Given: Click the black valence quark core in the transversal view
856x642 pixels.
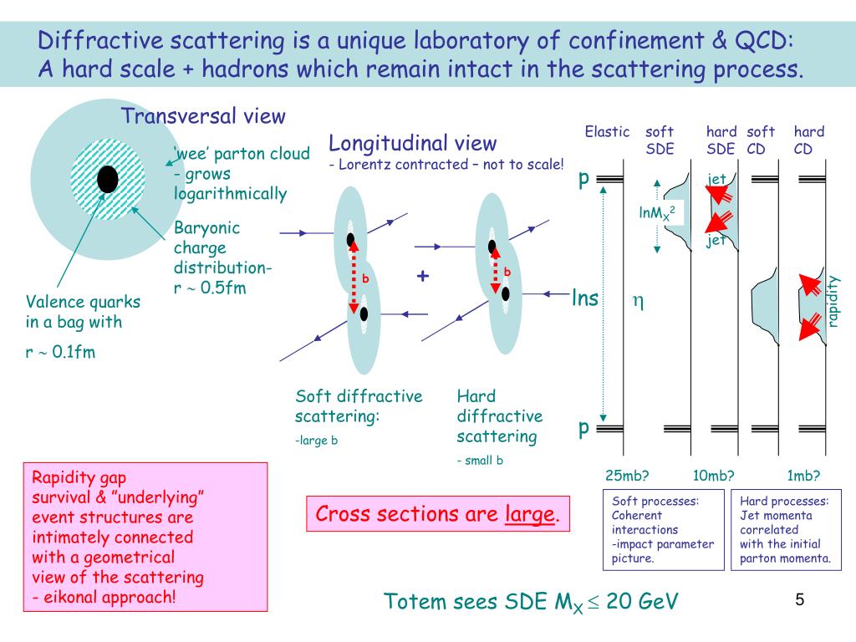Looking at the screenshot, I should (x=107, y=179).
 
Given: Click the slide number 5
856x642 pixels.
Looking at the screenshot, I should (x=799, y=600).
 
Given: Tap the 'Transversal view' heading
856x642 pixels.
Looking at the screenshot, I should (x=204, y=116).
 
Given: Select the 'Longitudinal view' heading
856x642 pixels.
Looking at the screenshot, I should (x=412, y=143).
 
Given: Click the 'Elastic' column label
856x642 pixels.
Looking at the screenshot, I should (x=607, y=131).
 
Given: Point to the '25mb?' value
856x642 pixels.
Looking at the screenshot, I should (x=628, y=476).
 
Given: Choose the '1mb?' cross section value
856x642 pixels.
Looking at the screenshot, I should (x=803, y=476).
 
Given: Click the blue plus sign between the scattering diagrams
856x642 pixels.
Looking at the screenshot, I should (x=424, y=276).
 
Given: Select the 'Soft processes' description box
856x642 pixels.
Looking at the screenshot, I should (x=663, y=530).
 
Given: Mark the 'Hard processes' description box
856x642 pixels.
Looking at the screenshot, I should (x=784, y=530).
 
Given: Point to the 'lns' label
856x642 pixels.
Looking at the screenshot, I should (x=585, y=298).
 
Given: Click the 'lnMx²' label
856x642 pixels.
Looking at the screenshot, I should (x=657, y=213).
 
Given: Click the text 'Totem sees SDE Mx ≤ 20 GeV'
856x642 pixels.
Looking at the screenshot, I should (x=531, y=601).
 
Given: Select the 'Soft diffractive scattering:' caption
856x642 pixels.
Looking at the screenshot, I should (x=359, y=405).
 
